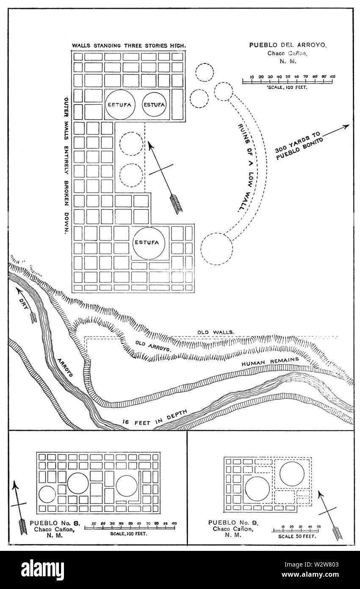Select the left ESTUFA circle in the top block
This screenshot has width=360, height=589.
(120, 105)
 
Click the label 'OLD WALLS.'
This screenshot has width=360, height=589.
(216, 332)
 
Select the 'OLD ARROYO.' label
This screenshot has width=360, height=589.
(153, 346)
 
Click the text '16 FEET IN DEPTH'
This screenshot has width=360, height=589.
(155, 418)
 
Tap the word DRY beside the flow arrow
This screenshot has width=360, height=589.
(24, 303)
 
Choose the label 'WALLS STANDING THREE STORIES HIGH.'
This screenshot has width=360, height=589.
(129, 45)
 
